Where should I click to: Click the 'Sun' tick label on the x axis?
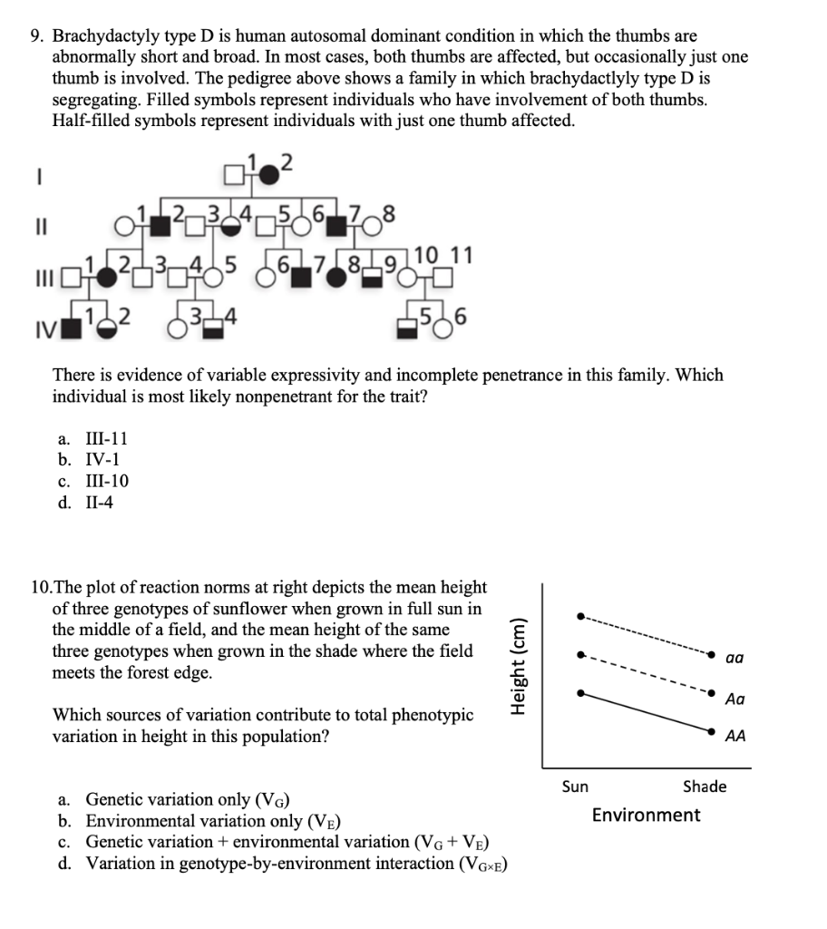click(x=575, y=787)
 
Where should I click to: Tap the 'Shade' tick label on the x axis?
click(x=705, y=787)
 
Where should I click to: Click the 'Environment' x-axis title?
click(x=646, y=815)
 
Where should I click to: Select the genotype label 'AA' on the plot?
click(x=735, y=737)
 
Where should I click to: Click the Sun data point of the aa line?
click(x=581, y=616)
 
